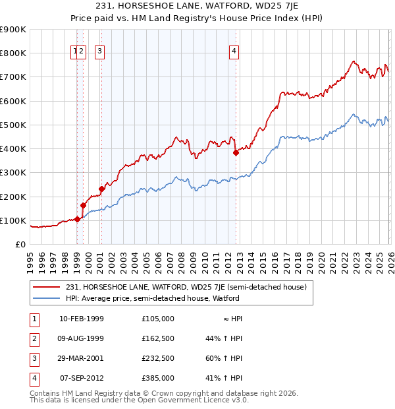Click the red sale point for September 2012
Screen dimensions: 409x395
point(236,152)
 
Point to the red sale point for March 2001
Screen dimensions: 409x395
point(102,189)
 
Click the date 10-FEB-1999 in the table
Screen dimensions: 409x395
point(81,319)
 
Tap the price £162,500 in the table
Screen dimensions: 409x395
point(157,338)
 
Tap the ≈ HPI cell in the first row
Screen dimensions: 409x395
point(230,319)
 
